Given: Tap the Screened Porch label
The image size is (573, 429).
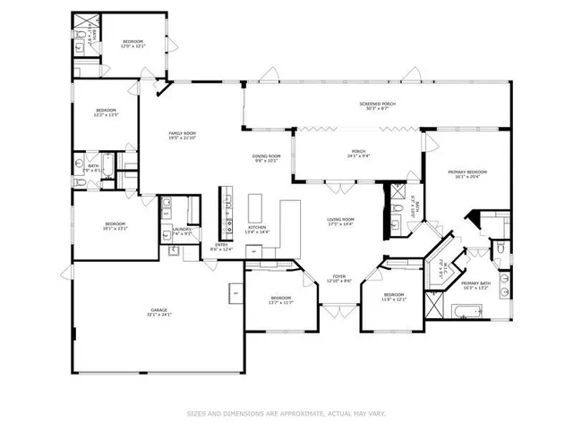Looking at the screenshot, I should pyautogui.click(x=378, y=104).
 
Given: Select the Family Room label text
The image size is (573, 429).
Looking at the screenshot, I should pyautogui.click(x=183, y=134).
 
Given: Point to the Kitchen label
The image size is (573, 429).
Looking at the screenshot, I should pyautogui.click(x=257, y=227).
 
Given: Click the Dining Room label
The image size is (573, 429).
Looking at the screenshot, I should pyautogui.click(x=266, y=156).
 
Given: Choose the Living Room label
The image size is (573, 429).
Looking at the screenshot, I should pyautogui.click(x=340, y=219).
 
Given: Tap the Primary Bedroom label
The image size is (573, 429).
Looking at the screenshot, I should pyautogui.click(x=471, y=171).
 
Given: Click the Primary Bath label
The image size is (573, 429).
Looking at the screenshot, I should pyautogui.click(x=475, y=283).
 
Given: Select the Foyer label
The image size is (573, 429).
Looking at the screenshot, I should pyautogui.click(x=340, y=276).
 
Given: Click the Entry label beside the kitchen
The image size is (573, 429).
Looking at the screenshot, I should pyautogui.click(x=220, y=246).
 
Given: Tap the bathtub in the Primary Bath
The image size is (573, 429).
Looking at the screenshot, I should pyautogui.click(x=466, y=312).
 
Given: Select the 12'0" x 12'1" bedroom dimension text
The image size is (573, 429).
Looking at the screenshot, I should pyautogui.click(x=133, y=46).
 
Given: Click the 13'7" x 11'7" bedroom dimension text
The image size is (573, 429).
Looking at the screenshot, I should pyautogui.click(x=281, y=301).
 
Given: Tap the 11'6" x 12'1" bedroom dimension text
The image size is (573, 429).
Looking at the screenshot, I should pyautogui.click(x=395, y=299).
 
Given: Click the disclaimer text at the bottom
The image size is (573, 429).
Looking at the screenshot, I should pyautogui.click(x=286, y=413).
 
